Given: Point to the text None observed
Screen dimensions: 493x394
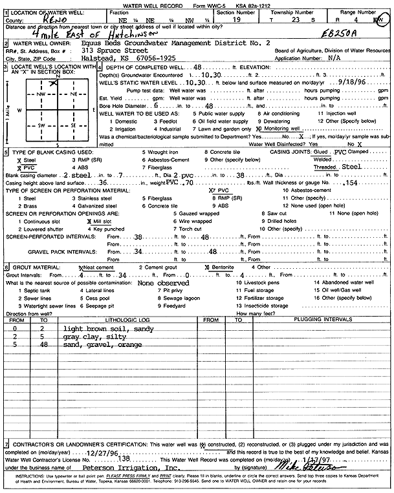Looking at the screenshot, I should tap(164, 283).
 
